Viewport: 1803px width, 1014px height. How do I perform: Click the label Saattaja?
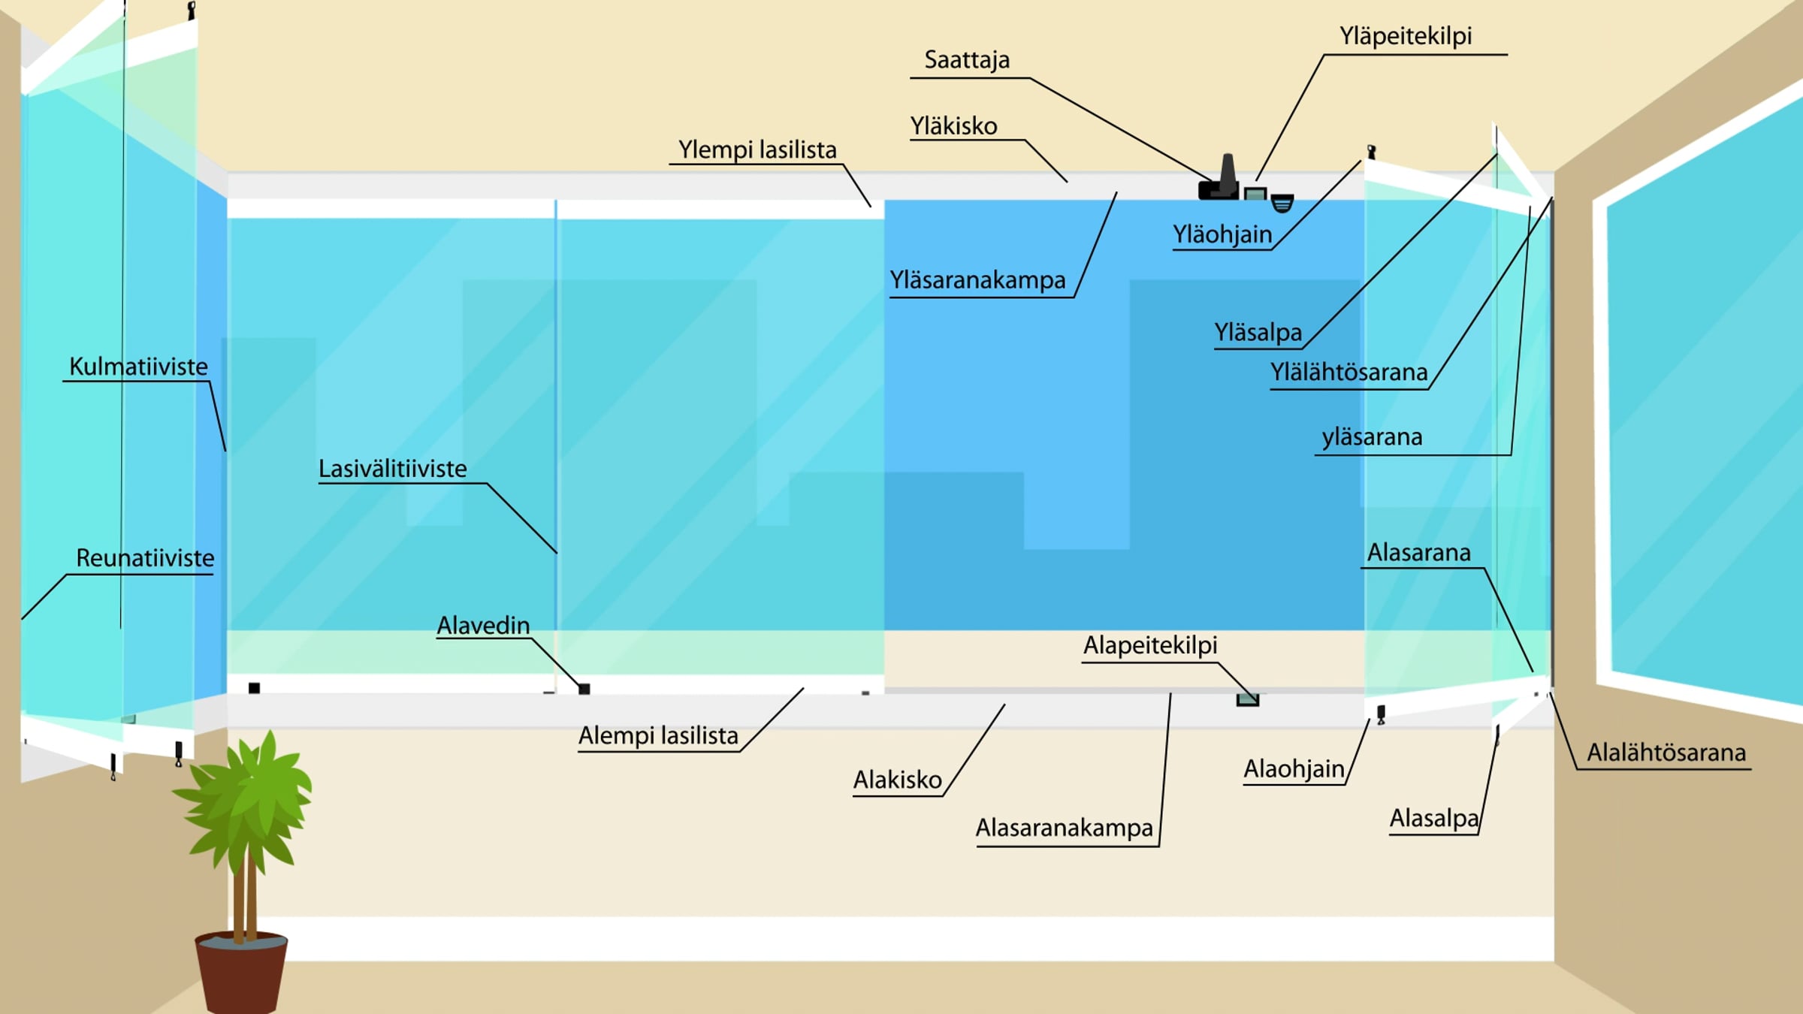pos(967,60)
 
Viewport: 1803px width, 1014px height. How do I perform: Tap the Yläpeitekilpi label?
pos(1406,36)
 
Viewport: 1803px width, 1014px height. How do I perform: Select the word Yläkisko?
pos(953,126)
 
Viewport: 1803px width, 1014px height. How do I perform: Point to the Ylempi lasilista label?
pos(757,150)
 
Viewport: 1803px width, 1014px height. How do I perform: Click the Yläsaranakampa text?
pos(977,281)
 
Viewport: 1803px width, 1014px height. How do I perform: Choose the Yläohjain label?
pos(1222,235)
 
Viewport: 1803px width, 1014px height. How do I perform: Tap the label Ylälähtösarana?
pos(1348,373)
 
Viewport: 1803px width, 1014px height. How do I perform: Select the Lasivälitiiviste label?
pos(392,469)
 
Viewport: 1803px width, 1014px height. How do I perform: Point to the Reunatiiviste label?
pos(145,559)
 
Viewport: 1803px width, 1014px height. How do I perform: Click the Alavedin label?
pos(483,626)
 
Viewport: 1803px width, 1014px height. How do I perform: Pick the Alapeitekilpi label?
pos(1149,645)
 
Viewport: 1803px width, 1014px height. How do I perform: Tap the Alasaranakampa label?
pos(1064,828)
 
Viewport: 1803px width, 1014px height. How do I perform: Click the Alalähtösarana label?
pos(1666,753)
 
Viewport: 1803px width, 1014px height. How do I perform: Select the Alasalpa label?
pos(1433,818)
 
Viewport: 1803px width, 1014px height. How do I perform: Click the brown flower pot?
pos(241,973)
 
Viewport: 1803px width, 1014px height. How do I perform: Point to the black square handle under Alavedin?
pos(584,689)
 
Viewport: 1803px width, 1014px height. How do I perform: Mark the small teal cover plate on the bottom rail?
pos(1247,700)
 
